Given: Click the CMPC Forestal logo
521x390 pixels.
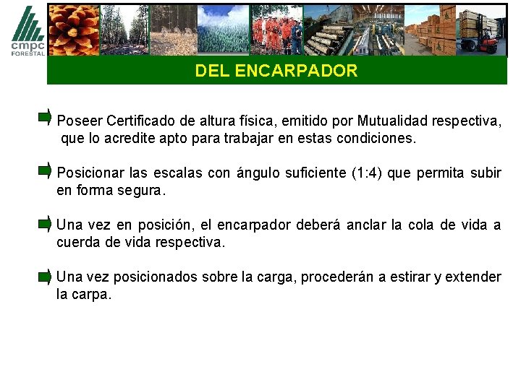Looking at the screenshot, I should pos(27,30).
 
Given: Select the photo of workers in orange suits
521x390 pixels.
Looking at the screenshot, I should pos(276,30).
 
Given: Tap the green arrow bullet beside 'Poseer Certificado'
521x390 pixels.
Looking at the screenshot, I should pos(45,117).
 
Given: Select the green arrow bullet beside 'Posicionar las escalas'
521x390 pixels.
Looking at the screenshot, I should pos(45,171).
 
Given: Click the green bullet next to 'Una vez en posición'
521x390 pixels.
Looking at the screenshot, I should pos(45,224).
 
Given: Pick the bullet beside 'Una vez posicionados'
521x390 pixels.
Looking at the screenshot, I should pos(45,276).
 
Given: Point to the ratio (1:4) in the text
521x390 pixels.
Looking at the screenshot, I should pos(372,173).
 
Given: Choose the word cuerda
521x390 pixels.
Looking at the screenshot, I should pos(78,243).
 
